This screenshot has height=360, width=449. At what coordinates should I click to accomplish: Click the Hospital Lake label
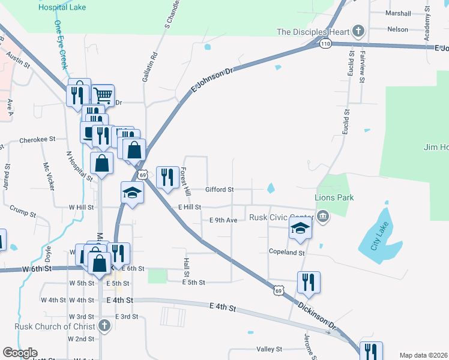[x=62, y=8]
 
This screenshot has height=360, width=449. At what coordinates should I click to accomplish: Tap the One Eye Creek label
[x=61, y=45]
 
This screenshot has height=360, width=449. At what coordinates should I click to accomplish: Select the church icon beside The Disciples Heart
[x=358, y=31]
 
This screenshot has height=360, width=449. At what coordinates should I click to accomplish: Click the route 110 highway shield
[x=325, y=44]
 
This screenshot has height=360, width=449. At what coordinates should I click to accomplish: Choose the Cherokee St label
[x=37, y=139]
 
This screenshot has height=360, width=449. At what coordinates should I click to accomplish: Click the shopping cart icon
[x=103, y=94]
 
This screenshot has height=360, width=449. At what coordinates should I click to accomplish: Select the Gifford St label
[x=219, y=190]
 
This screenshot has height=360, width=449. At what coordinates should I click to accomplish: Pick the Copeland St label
[x=287, y=253]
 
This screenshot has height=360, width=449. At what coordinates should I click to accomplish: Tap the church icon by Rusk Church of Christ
[x=104, y=326]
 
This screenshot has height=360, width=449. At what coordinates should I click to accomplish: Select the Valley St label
[x=270, y=349]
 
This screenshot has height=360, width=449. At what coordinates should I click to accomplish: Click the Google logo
[x=20, y=352]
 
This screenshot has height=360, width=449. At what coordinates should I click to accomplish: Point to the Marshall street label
[x=398, y=13]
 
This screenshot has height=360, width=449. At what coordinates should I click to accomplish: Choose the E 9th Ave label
[x=223, y=220]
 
